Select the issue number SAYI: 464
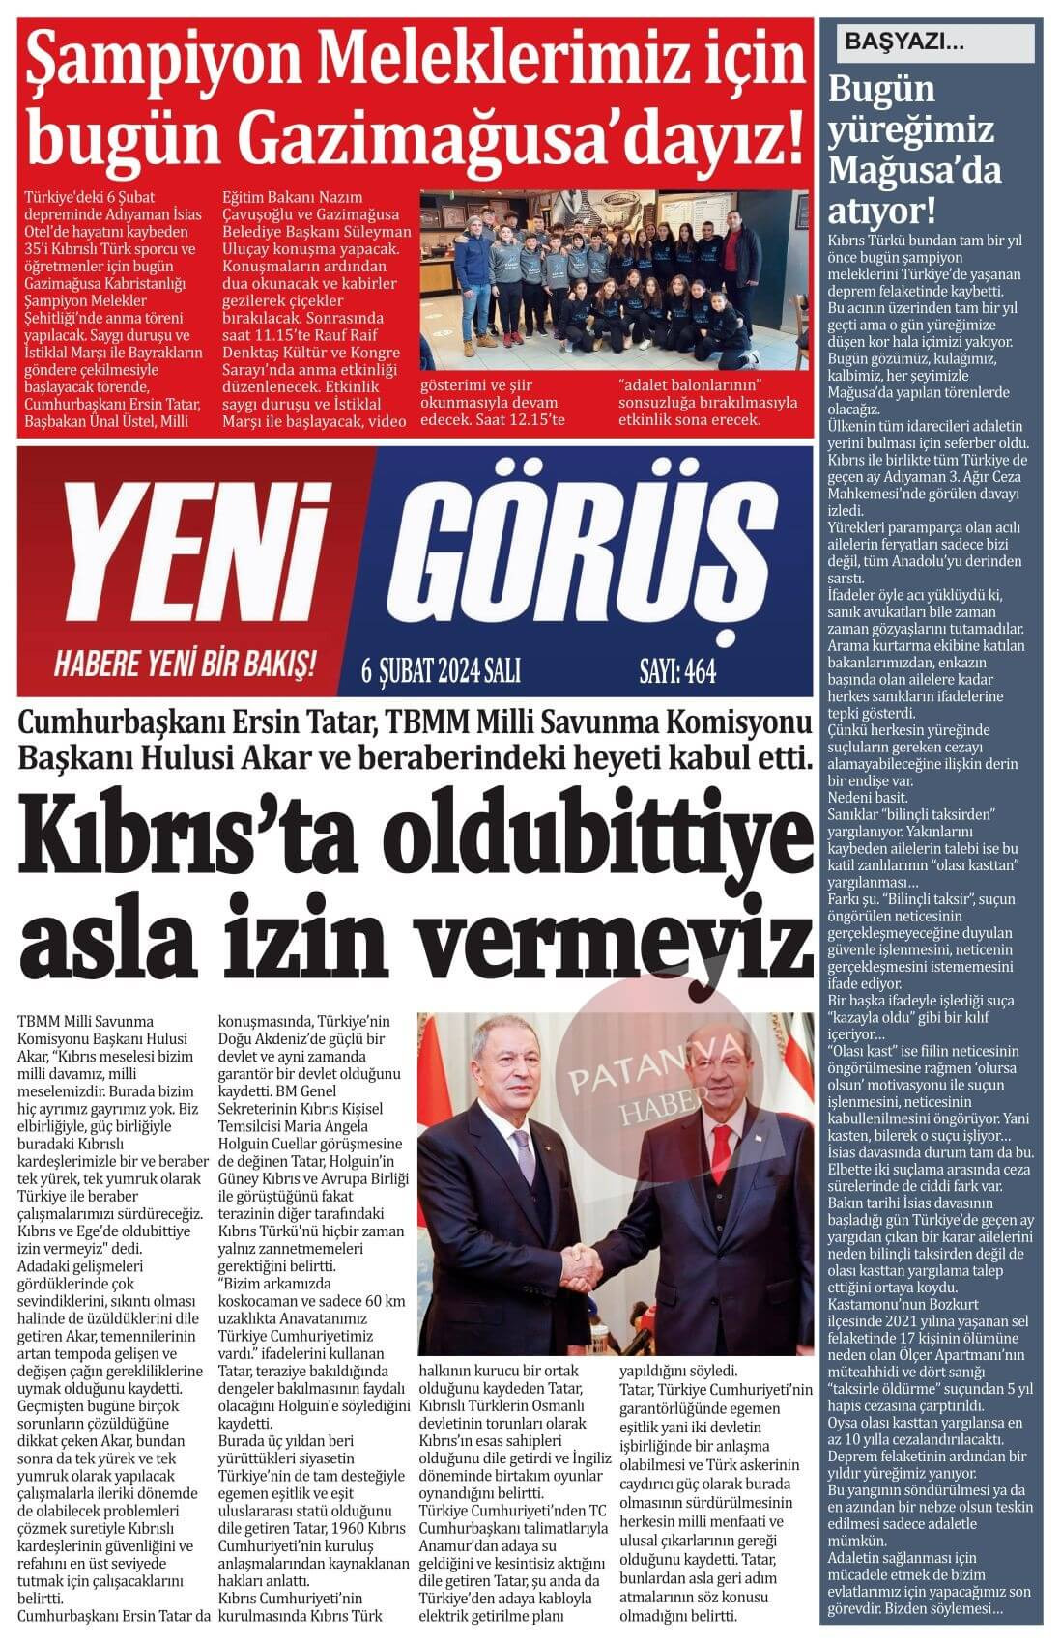coord(677,670)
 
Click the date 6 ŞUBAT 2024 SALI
coord(440,670)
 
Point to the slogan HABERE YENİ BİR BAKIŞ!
coord(185,664)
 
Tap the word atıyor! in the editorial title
coord(880,210)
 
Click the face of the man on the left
coord(521,1078)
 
